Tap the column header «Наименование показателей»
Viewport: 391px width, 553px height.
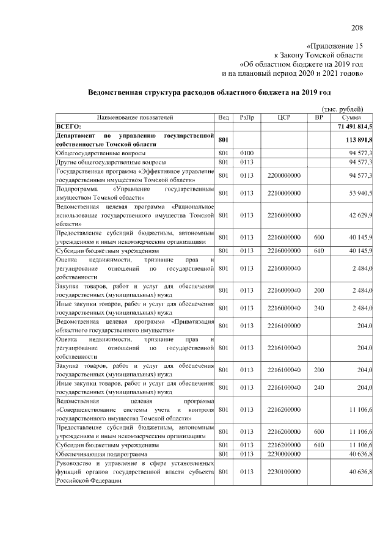pyautogui.click(x=135, y=117)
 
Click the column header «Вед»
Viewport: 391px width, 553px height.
pyautogui.click(x=224, y=117)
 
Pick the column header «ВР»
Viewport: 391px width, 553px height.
pyautogui.click(x=318, y=117)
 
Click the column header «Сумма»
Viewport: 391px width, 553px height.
pyautogui.click(x=351, y=117)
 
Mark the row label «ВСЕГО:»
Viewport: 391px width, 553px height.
pyautogui.click(x=69, y=125)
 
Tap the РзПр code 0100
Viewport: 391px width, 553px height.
pyautogui.click(x=247, y=152)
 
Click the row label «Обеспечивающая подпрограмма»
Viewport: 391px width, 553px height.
pyautogui.click(x=101, y=454)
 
